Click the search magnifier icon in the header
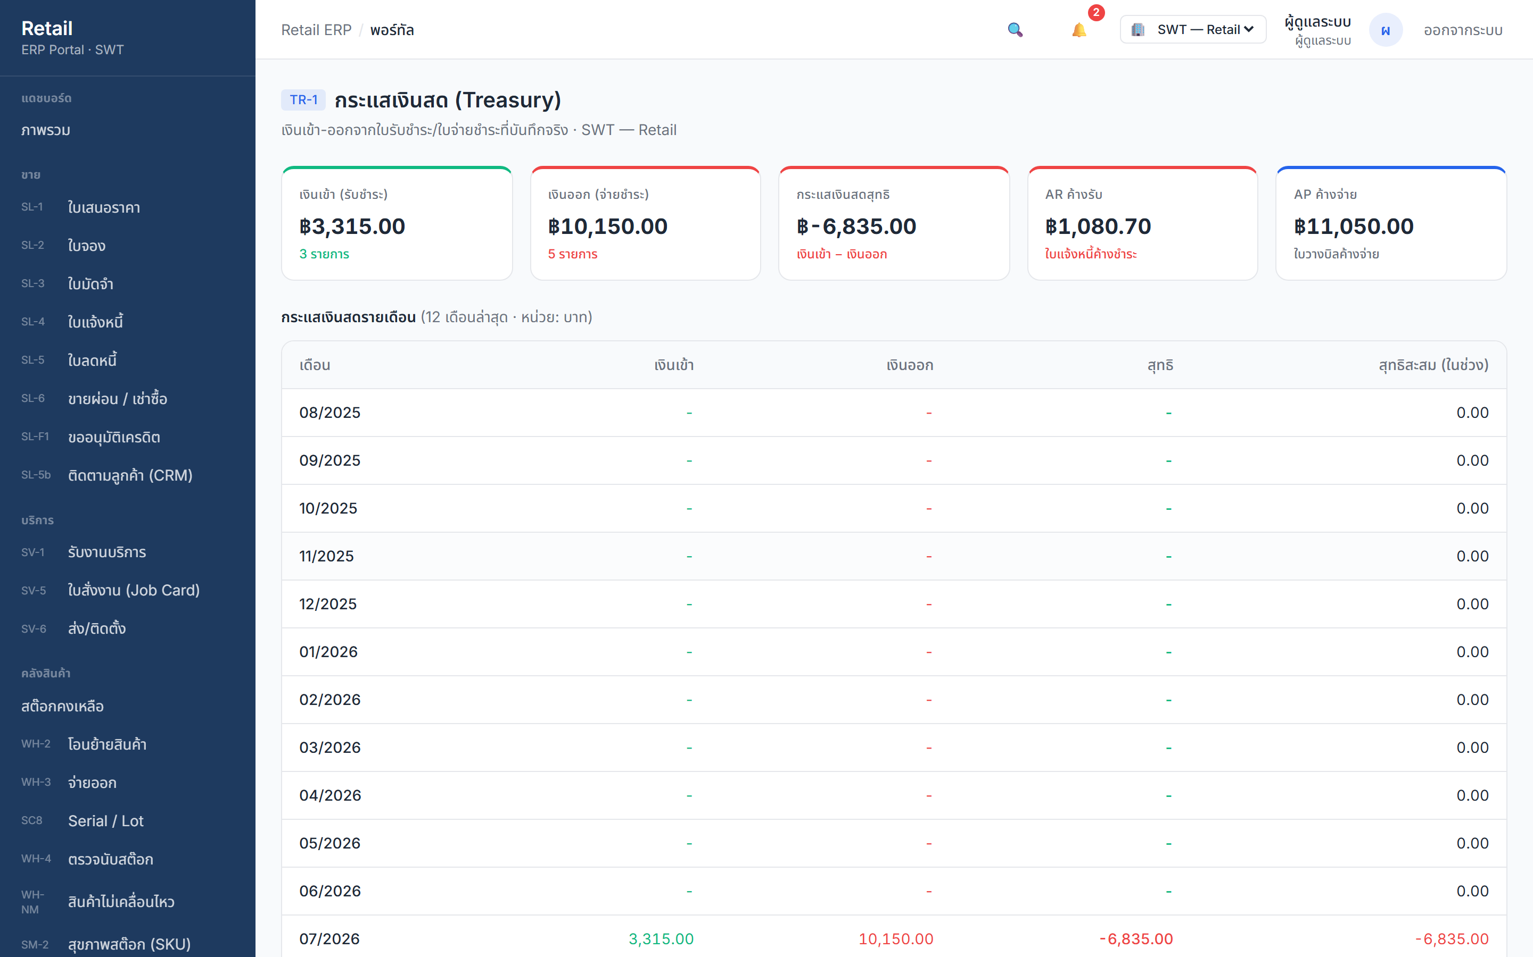(x=1015, y=30)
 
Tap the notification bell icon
(x=1079, y=30)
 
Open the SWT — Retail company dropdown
(x=1193, y=30)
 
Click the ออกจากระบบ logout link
(x=1463, y=30)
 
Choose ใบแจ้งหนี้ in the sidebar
(x=95, y=322)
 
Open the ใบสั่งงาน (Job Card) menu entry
(x=134, y=590)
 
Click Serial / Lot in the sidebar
(x=106, y=821)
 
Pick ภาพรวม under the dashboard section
(x=46, y=130)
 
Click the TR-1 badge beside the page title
(x=303, y=100)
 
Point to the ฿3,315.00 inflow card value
(x=352, y=226)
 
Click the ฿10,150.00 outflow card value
(x=607, y=226)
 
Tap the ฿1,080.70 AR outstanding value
(x=1098, y=226)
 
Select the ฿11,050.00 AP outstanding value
(x=1354, y=226)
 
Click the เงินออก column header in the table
(x=910, y=365)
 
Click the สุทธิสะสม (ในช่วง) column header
(x=1433, y=365)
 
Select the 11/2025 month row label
(x=326, y=556)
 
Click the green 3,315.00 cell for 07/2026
(x=661, y=938)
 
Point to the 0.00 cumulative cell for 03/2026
(x=1472, y=748)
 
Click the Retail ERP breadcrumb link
(x=316, y=30)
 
